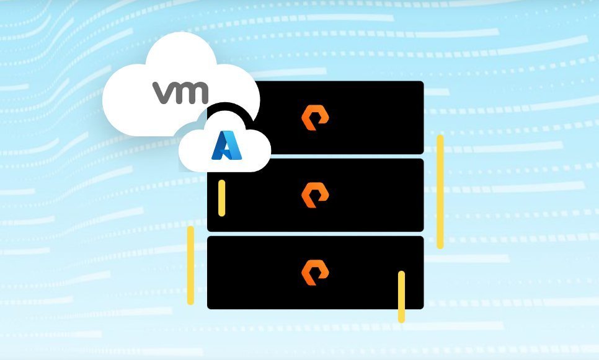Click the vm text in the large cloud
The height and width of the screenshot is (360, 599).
pos(180,92)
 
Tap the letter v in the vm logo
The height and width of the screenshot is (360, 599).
pos(163,93)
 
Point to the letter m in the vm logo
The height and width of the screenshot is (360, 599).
pos(192,93)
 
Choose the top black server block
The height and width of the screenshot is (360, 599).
pos(336,117)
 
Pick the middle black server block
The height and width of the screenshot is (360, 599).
pos(316,195)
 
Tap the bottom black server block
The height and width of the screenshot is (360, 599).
pos(316,273)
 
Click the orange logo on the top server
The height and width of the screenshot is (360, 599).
pos(315,118)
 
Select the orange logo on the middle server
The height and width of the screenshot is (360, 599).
pos(315,195)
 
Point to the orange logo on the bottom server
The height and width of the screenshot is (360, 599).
pos(315,273)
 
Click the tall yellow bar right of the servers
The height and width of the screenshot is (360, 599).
pos(440,191)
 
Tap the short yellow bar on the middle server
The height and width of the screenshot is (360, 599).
pos(221,198)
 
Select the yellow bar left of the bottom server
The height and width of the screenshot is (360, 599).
pos(190,265)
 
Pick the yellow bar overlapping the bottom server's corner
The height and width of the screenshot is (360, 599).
pos(401,297)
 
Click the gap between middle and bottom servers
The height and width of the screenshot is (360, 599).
pos(316,234)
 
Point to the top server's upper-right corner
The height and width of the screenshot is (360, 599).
pos(424,82)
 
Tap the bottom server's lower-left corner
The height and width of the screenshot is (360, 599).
pos(208,309)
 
